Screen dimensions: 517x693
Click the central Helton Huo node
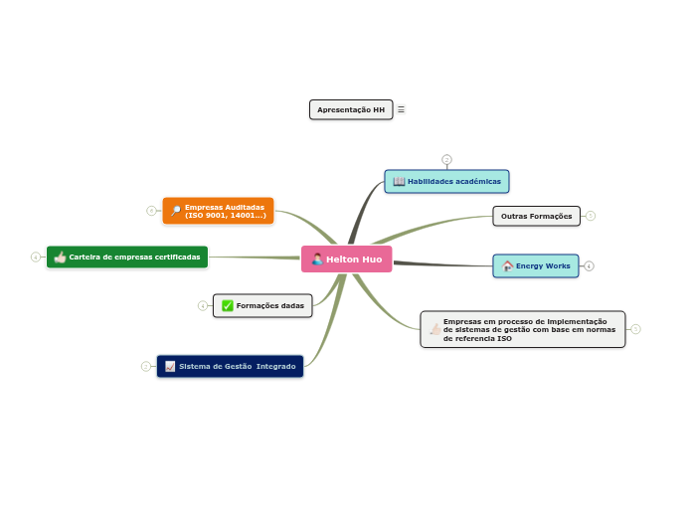347,259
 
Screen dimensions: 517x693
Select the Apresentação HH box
351,109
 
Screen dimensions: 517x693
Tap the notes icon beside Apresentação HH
402,109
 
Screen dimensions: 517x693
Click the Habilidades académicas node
447,181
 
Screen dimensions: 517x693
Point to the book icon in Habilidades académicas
399,181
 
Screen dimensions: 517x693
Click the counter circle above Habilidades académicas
446,159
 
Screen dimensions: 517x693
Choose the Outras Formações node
536,216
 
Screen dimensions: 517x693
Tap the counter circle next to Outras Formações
590,216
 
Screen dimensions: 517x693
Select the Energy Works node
536,265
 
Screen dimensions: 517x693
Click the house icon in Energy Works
507,265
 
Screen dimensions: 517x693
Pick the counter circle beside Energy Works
589,265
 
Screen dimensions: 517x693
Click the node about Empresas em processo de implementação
523,329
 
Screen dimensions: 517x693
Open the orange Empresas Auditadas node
219,211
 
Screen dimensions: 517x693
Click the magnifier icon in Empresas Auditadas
176,211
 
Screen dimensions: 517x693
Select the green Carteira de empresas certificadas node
127,257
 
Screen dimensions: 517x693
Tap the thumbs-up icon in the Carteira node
60,257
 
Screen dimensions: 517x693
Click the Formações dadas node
262,305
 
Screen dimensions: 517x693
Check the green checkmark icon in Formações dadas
227,305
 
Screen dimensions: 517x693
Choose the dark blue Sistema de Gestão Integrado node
230,366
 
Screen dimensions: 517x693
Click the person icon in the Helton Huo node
317,259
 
